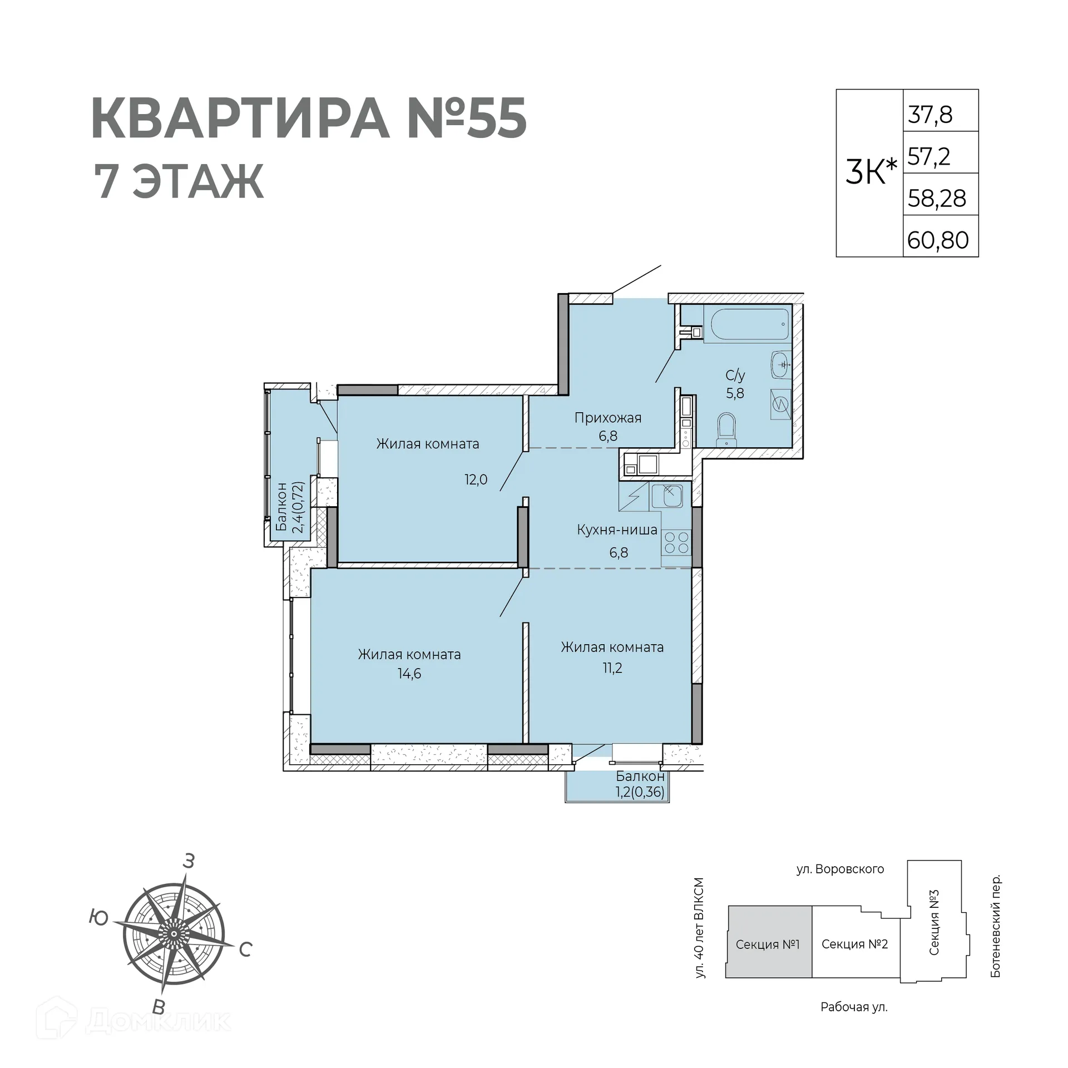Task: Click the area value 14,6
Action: (x=409, y=674)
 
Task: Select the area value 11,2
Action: (x=612, y=668)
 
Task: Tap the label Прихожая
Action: (x=607, y=418)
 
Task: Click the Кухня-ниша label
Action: (x=617, y=530)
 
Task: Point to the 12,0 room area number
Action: (x=476, y=479)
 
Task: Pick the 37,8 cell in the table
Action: (x=931, y=115)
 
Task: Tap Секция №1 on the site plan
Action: (x=768, y=945)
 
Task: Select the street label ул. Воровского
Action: (x=840, y=869)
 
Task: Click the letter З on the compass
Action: (x=189, y=862)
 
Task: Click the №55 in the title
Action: (x=466, y=118)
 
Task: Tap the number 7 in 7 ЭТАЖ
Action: (x=106, y=182)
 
